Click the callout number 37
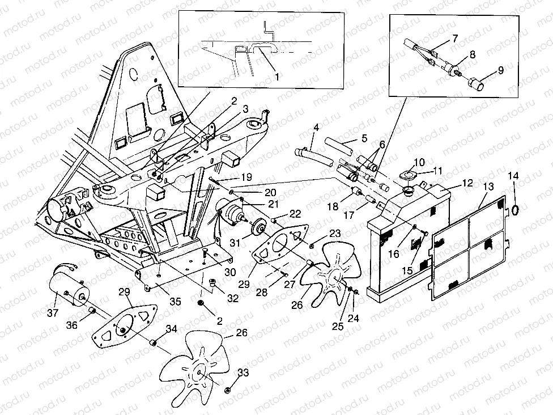53,312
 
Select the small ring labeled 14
515,210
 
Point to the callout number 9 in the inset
500,70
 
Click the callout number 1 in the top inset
277,77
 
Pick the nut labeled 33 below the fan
227,390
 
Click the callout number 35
175,302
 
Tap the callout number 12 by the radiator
467,183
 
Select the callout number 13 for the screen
488,187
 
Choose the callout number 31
235,243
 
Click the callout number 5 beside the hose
364,138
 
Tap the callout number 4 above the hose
316,128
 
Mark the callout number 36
71,325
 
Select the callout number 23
335,233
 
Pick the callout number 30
230,272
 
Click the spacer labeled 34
154,342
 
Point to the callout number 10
419,162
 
